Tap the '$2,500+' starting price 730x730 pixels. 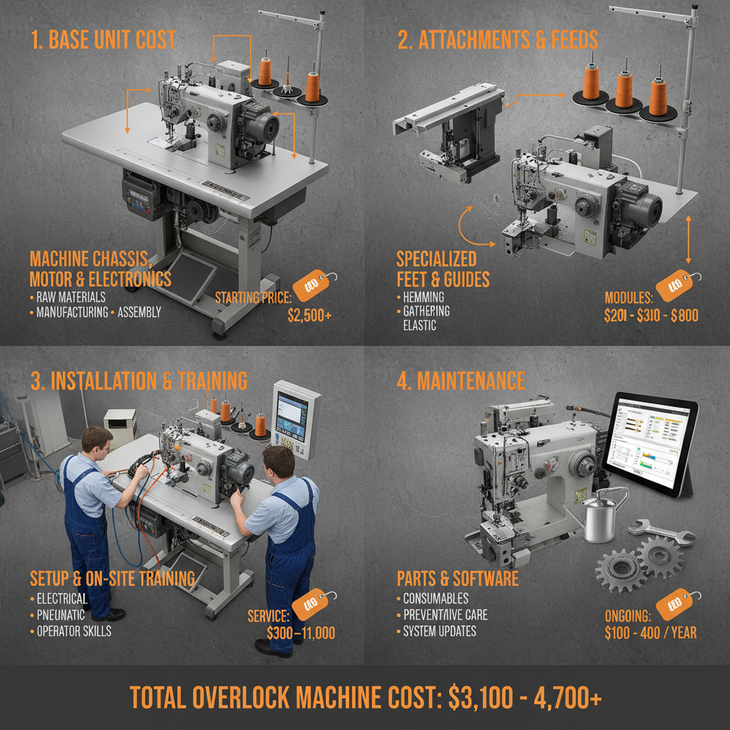click(x=309, y=315)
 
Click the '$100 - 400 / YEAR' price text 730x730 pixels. click(x=650, y=632)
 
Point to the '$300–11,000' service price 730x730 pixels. click(x=301, y=632)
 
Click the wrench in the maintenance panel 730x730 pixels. click(x=662, y=533)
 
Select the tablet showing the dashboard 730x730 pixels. click(x=650, y=447)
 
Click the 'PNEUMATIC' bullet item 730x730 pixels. click(x=61, y=615)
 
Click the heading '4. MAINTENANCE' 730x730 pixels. click(x=461, y=381)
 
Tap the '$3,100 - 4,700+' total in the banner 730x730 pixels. click(x=526, y=699)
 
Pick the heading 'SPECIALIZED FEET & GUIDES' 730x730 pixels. click(x=443, y=268)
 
